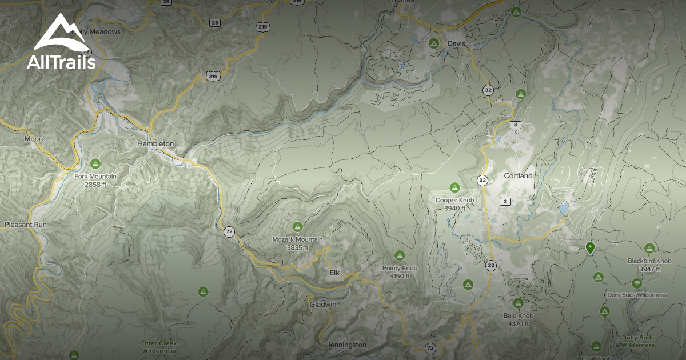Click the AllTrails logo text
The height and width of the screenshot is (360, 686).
point(61,62)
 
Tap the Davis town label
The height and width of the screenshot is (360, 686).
point(456,43)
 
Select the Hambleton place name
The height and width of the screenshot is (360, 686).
point(155,144)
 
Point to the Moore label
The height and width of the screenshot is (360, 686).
point(34,139)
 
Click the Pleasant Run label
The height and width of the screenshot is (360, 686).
point(26,225)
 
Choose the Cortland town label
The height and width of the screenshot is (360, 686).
point(518,176)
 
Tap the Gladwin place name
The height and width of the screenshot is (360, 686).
point(323,305)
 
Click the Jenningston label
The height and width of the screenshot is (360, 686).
point(346,345)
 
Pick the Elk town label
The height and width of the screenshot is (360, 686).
point(334,273)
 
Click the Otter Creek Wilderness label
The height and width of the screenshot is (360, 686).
point(159,347)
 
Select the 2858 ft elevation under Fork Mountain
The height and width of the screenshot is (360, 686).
point(95,185)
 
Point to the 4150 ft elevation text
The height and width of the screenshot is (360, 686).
point(400,276)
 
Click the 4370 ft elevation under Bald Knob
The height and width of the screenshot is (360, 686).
point(519,324)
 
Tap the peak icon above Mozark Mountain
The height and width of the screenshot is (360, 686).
point(297,227)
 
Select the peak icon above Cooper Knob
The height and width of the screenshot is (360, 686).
point(454,187)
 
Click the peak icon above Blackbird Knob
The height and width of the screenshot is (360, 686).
point(649,248)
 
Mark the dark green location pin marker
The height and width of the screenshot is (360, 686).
point(590,247)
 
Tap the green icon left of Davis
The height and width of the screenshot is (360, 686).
point(434,43)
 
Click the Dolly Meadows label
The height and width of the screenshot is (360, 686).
point(98,32)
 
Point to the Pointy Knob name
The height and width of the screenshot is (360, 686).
point(400,268)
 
